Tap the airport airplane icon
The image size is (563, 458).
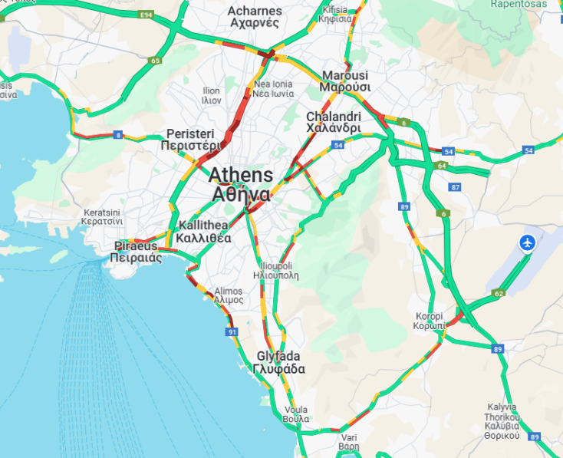point(527,242)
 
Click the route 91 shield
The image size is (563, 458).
point(231,332)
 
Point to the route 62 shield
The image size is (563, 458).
point(499,293)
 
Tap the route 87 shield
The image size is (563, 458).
point(456,187)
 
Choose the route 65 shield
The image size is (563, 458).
point(156,61)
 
